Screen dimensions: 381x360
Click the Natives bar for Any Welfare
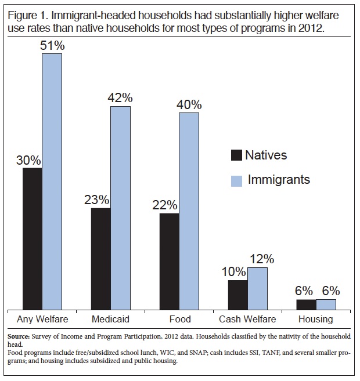[x=33, y=239]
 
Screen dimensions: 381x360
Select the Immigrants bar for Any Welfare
[x=52, y=182]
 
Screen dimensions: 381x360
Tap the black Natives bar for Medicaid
[x=101, y=259]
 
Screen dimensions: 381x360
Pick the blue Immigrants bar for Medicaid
[x=121, y=208]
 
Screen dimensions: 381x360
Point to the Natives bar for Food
[x=169, y=262]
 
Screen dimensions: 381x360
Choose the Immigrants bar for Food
[x=189, y=211]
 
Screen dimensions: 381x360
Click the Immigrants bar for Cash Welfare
[x=257, y=289]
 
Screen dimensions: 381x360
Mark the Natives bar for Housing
[x=306, y=304]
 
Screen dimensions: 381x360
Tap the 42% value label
[x=121, y=97]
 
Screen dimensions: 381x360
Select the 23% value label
[x=96, y=199]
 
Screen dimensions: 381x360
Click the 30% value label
[x=28, y=159]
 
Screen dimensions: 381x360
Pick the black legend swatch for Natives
[x=236, y=155]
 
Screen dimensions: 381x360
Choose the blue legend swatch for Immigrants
[x=236, y=180]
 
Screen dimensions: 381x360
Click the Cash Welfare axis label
[x=247, y=320]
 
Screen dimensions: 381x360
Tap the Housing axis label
[x=315, y=320]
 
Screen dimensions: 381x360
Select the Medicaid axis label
[x=110, y=320]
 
